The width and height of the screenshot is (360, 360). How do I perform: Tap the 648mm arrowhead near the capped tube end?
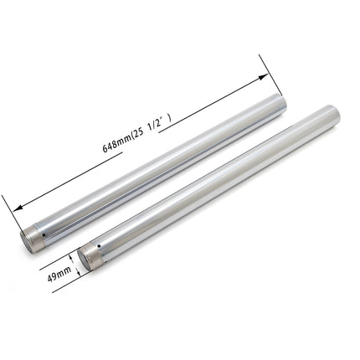point(16,206)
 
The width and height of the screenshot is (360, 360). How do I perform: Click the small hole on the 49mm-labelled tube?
point(99,246)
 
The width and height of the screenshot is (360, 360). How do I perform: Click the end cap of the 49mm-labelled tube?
point(90,257)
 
